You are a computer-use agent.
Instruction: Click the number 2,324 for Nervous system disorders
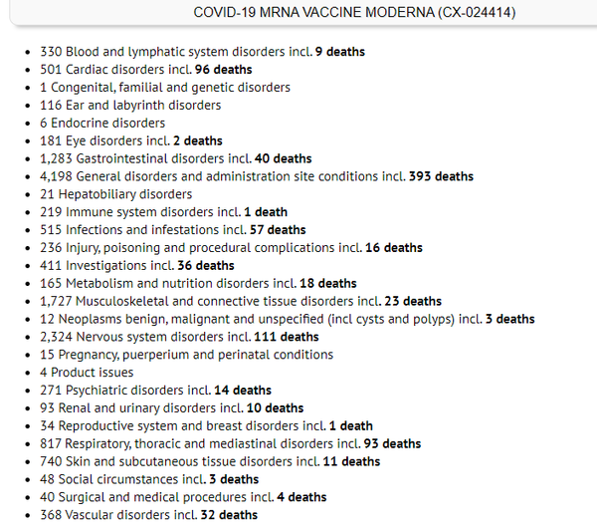pos(57,337)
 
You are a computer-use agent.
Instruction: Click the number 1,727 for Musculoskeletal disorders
pos(57,301)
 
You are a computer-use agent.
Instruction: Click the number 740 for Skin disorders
pos(51,461)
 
